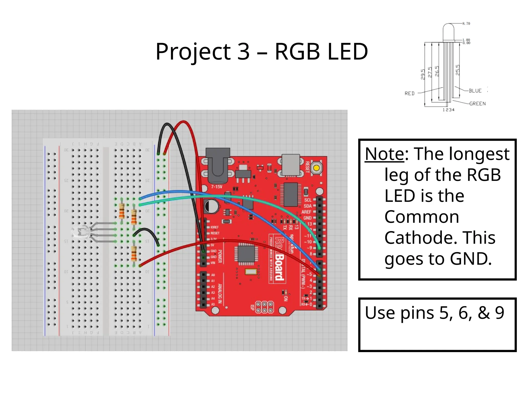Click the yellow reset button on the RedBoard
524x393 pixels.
[x=316, y=168]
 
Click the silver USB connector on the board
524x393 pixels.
[x=291, y=165]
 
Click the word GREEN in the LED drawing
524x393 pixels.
[x=477, y=104]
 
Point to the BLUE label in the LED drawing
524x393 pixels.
[x=475, y=91]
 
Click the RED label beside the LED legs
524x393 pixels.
[x=409, y=93]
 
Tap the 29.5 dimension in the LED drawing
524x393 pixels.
[x=423, y=74]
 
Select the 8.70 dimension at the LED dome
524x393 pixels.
[x=466, y=24]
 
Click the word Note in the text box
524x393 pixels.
[x=385, y=154]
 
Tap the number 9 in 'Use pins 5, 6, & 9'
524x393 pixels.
[x=499, y=313]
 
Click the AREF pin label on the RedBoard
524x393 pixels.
[x=306, y=212]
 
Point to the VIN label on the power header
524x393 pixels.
[x=213, y=263]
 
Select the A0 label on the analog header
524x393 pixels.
[x=213, y=275]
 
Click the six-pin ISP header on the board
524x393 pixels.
[x=265, y=307]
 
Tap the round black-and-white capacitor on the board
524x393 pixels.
[x=211, y=206]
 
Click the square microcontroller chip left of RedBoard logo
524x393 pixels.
[x=246, y=254]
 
